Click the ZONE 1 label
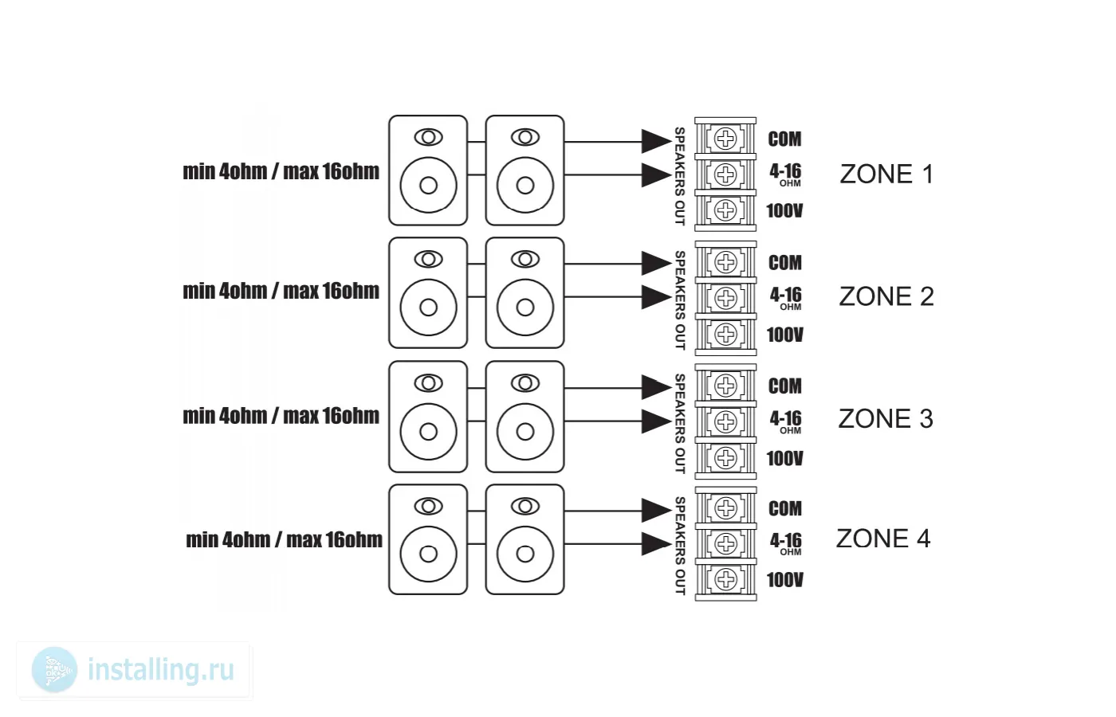click(886, 174)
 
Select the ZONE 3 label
click(885, 419)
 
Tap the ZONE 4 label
click(882, 539)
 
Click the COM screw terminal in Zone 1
click(725, 139)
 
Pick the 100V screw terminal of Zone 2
click(725, 334)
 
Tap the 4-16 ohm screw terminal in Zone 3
click(725, 421)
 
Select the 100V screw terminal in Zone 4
click(725, 579)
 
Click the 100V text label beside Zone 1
click(784, 211)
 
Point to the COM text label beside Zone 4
click(784, 508)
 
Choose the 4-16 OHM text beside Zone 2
click(785, 297)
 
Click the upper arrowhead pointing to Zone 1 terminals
click(656, 141)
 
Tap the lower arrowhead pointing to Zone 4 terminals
click(656, 544)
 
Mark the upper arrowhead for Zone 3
click(656, 388)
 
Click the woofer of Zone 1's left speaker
click(428, 186)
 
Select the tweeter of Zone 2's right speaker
click(525, 260)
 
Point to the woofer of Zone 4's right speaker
click(525, 554)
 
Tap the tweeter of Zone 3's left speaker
click(428, 384)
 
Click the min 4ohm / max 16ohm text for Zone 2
click(281, 292)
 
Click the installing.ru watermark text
click(160, 670)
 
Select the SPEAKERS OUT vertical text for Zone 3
click(680, 423)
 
